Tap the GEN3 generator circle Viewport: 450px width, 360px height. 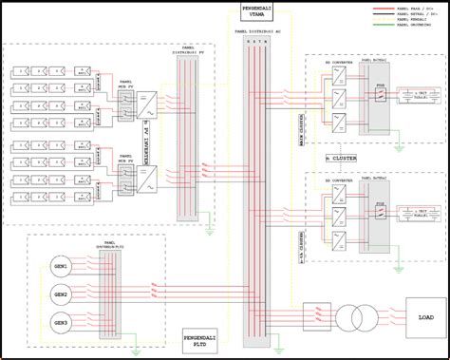click(x=62, y=324)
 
